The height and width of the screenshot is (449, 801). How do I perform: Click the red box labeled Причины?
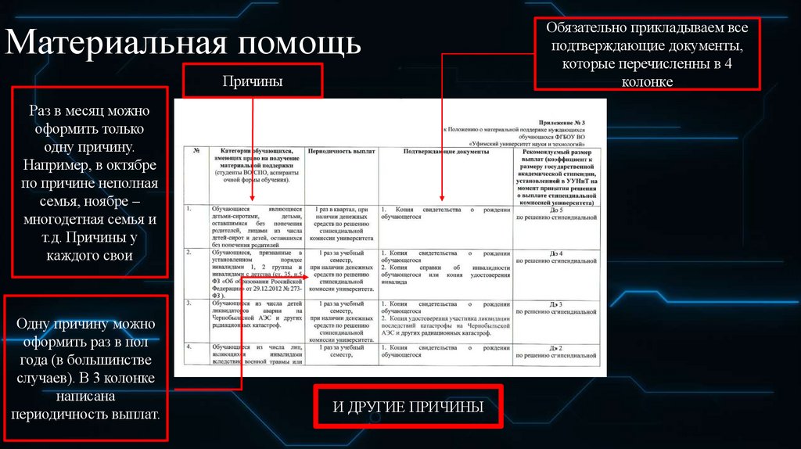coord(252,81)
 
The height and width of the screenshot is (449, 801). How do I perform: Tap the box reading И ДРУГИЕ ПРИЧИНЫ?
coord(408,407)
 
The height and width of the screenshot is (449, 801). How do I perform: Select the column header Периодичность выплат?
coord(342,150)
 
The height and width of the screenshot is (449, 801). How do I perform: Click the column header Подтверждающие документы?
coord(446,150)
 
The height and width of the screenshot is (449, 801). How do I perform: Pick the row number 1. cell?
coord(190,210)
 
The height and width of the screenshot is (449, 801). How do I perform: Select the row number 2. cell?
coord(190,253)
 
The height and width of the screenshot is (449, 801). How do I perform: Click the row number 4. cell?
coord(190,347)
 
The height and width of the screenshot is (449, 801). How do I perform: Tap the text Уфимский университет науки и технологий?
coord(528,142)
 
